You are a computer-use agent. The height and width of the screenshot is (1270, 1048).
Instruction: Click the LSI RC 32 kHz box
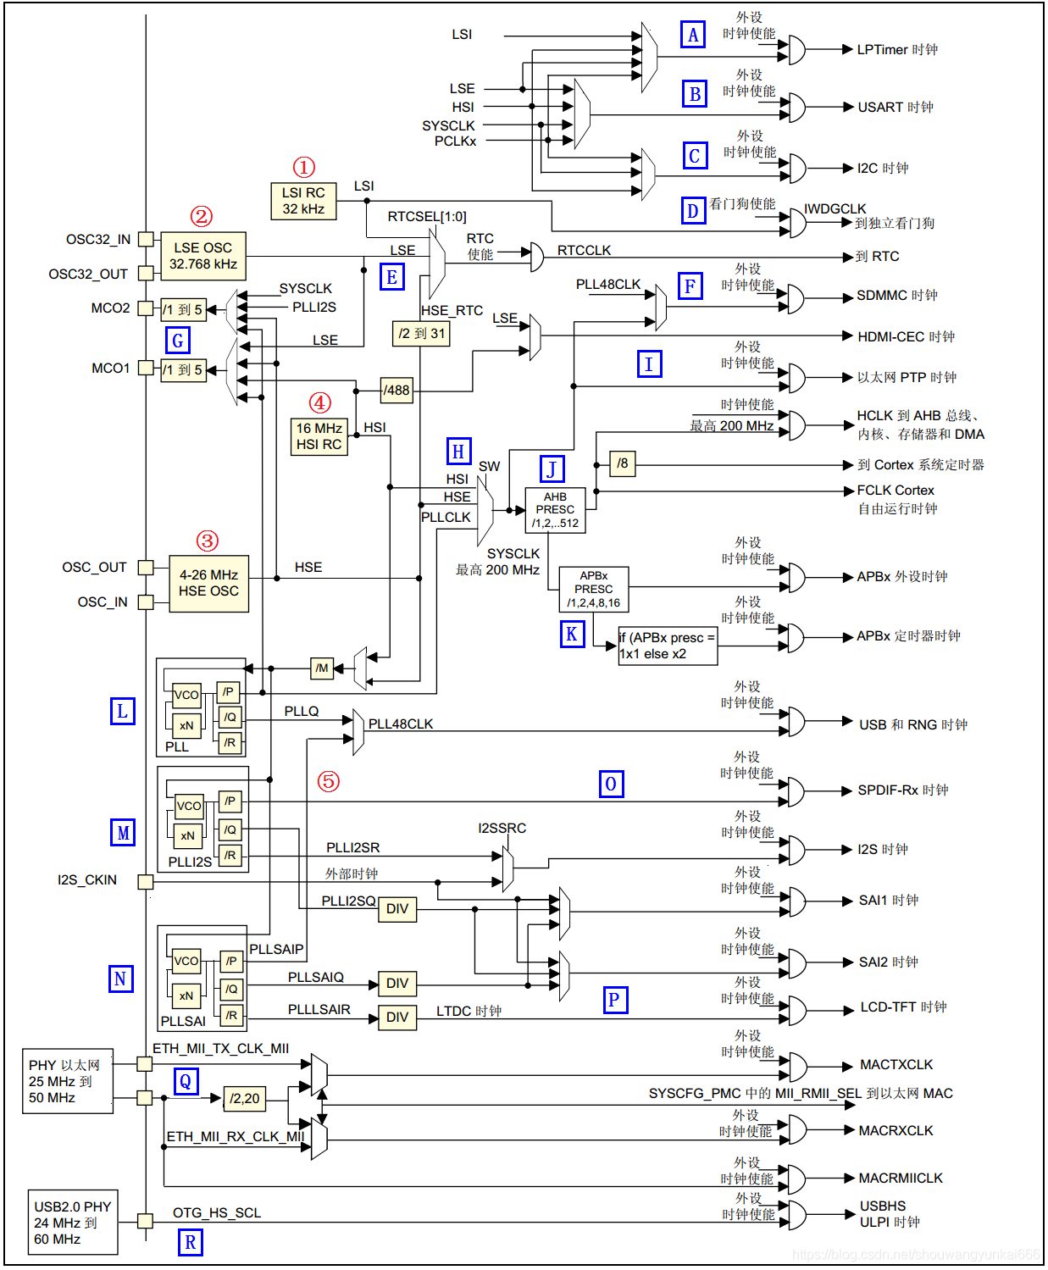(x=303, y=201)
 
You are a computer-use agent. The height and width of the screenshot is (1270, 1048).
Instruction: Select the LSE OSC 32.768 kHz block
(x=203, y=256)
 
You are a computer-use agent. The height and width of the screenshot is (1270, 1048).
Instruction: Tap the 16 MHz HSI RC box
(x=319, y=436)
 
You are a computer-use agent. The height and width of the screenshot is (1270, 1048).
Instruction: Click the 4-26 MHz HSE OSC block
(x=208, y=583)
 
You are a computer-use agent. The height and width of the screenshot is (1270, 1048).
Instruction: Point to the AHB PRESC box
(x=555, y=510)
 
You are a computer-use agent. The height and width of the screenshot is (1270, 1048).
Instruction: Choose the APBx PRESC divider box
(x=593, y=589)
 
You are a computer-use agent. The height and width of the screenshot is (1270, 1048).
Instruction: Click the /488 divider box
(x=396, y=390)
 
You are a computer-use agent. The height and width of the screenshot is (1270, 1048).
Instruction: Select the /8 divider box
(x=622, y=463)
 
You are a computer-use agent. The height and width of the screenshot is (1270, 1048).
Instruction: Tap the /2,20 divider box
(x=245, y=1098)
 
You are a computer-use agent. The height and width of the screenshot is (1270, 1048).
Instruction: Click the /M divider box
(x=322, y=668)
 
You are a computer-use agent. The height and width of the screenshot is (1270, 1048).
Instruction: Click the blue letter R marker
(x=191, y=1242)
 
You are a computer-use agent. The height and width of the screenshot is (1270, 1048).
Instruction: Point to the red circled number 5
(x=329, y=781)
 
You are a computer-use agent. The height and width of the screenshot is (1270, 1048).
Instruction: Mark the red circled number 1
(x=303, y=167)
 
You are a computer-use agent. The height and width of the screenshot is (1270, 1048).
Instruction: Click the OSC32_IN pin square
(x=146, y=239)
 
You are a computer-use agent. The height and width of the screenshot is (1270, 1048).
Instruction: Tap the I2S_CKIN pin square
(x=146, y=881)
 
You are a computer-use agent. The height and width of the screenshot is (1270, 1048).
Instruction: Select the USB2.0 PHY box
(x=73, y=1222)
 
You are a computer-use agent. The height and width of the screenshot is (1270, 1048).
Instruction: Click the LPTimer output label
(x=897, y=50)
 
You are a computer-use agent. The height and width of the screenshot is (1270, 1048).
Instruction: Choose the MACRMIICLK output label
(x=901, y=1178)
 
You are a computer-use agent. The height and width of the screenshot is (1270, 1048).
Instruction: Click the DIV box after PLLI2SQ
(x=397, y=909)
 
